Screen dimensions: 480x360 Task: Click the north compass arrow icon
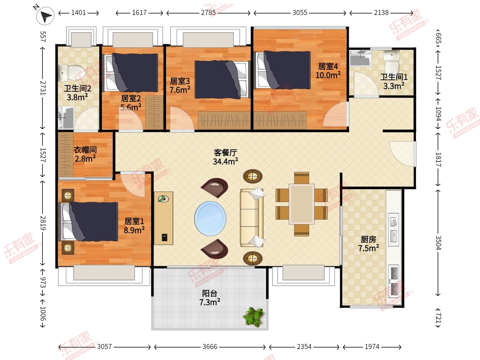45,16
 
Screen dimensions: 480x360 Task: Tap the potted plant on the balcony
254,317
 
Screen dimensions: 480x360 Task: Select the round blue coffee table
210,218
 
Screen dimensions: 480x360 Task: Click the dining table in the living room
302,204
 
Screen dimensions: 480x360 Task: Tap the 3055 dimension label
300,13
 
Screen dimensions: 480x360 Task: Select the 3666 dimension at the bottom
210,347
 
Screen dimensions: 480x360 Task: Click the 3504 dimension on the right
438,243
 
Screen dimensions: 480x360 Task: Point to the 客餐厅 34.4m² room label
226,157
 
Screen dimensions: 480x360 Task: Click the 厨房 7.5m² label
368,244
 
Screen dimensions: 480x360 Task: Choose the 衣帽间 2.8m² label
85,154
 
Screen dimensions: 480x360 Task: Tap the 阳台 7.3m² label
210,298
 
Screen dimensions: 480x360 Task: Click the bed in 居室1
88,222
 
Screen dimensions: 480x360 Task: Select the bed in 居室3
223,80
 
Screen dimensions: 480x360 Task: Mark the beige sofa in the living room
252,218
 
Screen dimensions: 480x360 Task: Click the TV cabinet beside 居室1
164,218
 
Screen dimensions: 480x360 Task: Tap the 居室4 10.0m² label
328,71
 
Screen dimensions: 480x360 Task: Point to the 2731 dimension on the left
43,88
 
